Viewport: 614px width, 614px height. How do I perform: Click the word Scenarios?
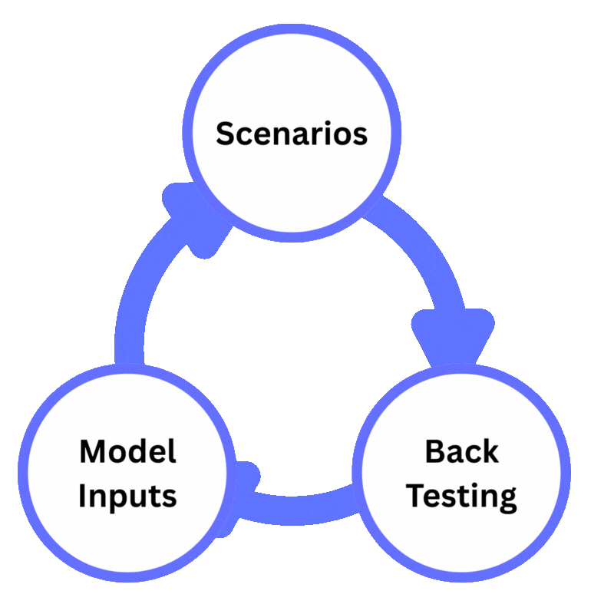[x=291, y=134]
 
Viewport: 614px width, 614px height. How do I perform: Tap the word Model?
[x=127, y=451]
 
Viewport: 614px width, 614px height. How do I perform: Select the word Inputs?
[x=127, y=496]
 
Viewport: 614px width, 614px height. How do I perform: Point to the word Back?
[x=461, y=451]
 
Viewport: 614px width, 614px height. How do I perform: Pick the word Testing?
[x=461, y=497]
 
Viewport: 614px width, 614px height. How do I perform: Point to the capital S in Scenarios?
[x=224, y=134]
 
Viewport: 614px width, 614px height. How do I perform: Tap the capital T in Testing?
[x=418, y=495]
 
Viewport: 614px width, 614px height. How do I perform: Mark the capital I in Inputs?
[x=84, y=495]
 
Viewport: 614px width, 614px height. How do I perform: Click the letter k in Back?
[x=490, y=451]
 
